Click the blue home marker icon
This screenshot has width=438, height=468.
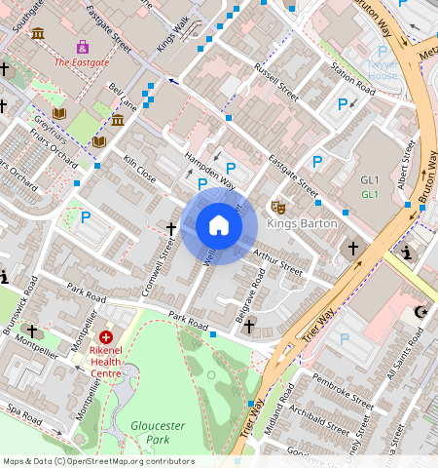[219, 226]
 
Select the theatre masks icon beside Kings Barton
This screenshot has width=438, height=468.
[278, 208]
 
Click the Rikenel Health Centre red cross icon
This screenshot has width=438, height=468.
[106, 336]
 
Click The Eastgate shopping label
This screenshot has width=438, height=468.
[82, 62]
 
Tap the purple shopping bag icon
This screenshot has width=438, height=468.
[83, 46]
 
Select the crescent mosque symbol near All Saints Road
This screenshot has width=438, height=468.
[420, 312]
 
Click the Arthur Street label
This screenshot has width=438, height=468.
[277, 259]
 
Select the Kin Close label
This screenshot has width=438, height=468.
[139, 169]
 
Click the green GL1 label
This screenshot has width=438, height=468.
[370, 194]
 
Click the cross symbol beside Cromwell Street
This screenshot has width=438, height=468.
[171, 229]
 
